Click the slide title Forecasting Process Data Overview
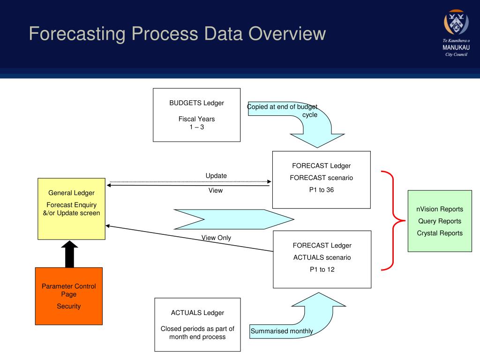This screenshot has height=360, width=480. (x=177, y=34)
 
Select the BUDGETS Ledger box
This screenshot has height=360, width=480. (x=196, y=115)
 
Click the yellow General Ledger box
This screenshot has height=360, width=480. (x=71, y=209)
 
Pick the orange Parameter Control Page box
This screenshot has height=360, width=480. (x=68, y=296)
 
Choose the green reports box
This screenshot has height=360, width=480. (x=440, y=221)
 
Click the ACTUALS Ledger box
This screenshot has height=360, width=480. (x=197, y=324)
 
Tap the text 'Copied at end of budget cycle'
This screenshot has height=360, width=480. (x=283, y=111)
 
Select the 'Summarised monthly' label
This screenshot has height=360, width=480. (x=282, y=331)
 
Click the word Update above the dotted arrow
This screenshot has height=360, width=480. (x=216, y=176)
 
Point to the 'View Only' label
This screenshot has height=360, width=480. (x=216, y=238)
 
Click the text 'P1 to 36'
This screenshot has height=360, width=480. (x=321, y=190)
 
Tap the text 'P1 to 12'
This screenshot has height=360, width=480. (x=322, y=270)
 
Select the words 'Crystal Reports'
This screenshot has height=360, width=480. (x=440, y=233)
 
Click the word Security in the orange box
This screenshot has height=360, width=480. (x=69, y=306)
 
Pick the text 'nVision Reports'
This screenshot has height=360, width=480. (x=440, y=209)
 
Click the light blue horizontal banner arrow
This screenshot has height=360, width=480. (x=233, y=219)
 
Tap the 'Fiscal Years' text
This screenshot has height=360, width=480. (x=196, y=119)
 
